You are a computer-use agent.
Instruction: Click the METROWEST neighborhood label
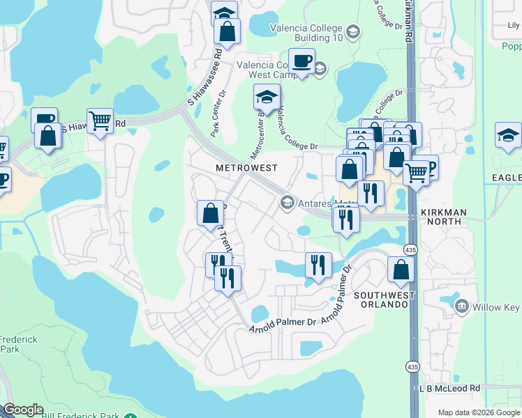coord(246,168)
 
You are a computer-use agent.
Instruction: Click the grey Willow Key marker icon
coord(461,306)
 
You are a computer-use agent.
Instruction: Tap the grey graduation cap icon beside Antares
coord(286,203)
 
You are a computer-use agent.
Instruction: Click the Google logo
coord(23,410)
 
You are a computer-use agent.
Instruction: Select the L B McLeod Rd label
coord(450,388)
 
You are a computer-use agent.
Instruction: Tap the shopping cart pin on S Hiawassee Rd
coord(100,121)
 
